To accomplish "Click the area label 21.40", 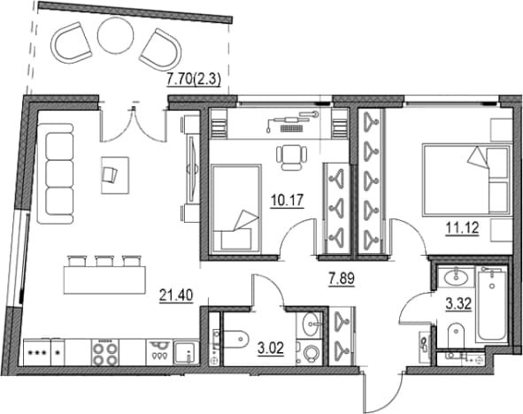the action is click(176, 295).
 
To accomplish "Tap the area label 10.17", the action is click(287, 201).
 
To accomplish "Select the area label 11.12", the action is click(462, 228).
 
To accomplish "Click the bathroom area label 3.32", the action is click(459, 304).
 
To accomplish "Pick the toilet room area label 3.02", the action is click(271, 349).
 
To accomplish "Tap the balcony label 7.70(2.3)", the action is click(194, 80).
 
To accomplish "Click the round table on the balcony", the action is click(116, 35).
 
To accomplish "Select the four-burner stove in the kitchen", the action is click(105, 353).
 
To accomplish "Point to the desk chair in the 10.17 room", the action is click(291, 157).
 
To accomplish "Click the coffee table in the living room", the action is click(115, 175).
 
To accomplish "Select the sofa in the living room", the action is click(56, 173).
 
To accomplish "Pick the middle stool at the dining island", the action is click(104, 261).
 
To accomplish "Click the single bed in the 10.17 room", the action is click(236, 209).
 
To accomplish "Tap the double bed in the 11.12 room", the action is click(467, 180).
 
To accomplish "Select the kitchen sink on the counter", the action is click(186, 353).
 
